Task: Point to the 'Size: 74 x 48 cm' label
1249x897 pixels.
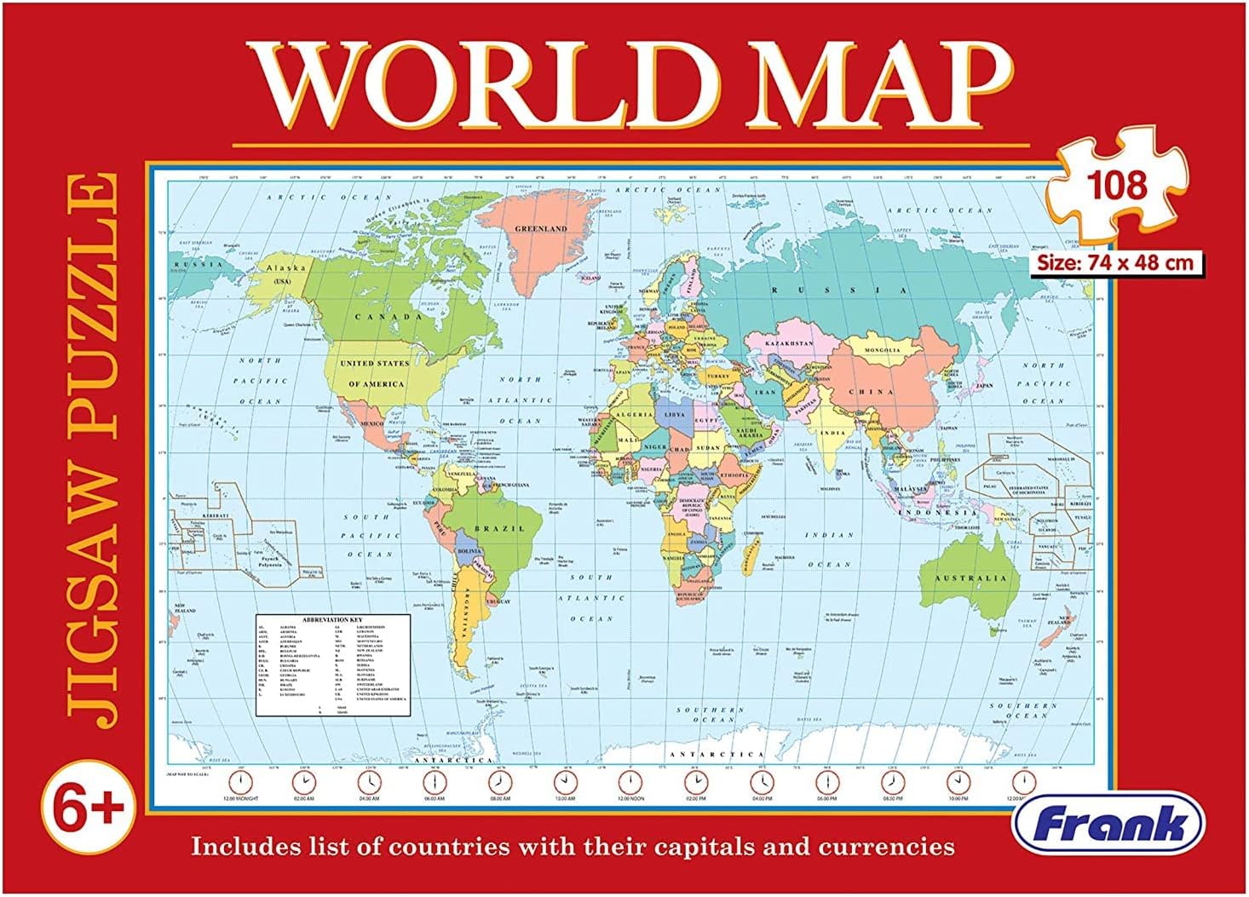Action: pos(1115,262)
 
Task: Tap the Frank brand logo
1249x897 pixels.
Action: pos(1108,824)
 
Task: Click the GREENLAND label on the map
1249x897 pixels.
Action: pos(540,229)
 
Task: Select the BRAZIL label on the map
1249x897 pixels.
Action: pos(499,529)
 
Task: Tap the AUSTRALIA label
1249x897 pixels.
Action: pos(971,578)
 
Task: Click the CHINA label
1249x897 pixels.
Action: pos(871,393)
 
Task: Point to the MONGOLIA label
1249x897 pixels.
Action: pos(882,350)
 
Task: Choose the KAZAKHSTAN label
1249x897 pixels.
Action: pos(788,343)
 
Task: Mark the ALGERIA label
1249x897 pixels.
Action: pos(634,414)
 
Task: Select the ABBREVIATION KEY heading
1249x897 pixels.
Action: pos(333,619)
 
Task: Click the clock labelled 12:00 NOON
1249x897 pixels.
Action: pos(630,781)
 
